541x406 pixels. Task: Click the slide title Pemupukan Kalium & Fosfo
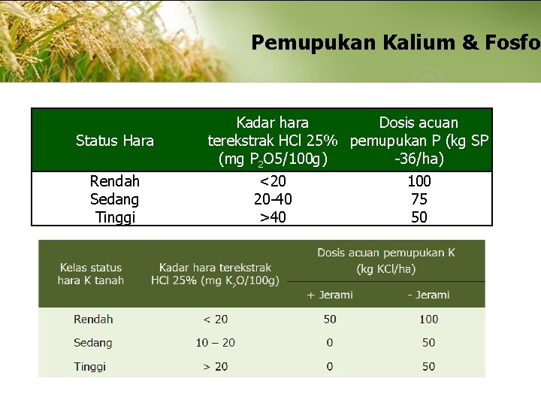pyautogui.click(x=395, y=42)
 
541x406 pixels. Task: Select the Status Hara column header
pyautogui.click(x=115, y=141)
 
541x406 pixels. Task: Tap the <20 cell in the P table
pyautogui.click(x=273, y=181)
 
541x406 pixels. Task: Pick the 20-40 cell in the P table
pyautogui.click(x=273, y=199)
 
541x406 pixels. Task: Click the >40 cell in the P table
pyautogui.click(x=273, y=217)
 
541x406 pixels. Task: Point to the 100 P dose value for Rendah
pyautogui.click(x=419, y=181)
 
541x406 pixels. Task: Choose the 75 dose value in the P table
pyautogui.click(x=419, y=199)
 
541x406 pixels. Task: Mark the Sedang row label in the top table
pyautogui.click(x=115, y=199)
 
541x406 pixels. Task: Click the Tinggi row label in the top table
pyautogui.click(x=115, y=217)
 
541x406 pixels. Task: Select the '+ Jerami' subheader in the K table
pyautogui.click(x=330, y=295)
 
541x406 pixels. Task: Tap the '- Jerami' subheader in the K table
pyautogui.click(x=428, y=295)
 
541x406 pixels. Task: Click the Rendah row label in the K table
pyautogui.click(x=93, y=319)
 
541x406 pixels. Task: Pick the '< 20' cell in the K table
pyautogui.click(x=216, y=319)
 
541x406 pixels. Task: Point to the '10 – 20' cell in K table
pyautogui.click(x=216, y=343)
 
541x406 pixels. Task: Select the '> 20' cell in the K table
pyautogui.click(x=216, y=367)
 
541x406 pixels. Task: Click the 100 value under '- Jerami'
pyautogui.click(x=428, y=319)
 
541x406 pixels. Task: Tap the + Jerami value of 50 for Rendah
pyautogui.click(x=330, y=319)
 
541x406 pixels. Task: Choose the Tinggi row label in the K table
pyautogui.click(x=90, y=367)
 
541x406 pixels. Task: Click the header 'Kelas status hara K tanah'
pyautogui.click(x=91, y=274)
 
